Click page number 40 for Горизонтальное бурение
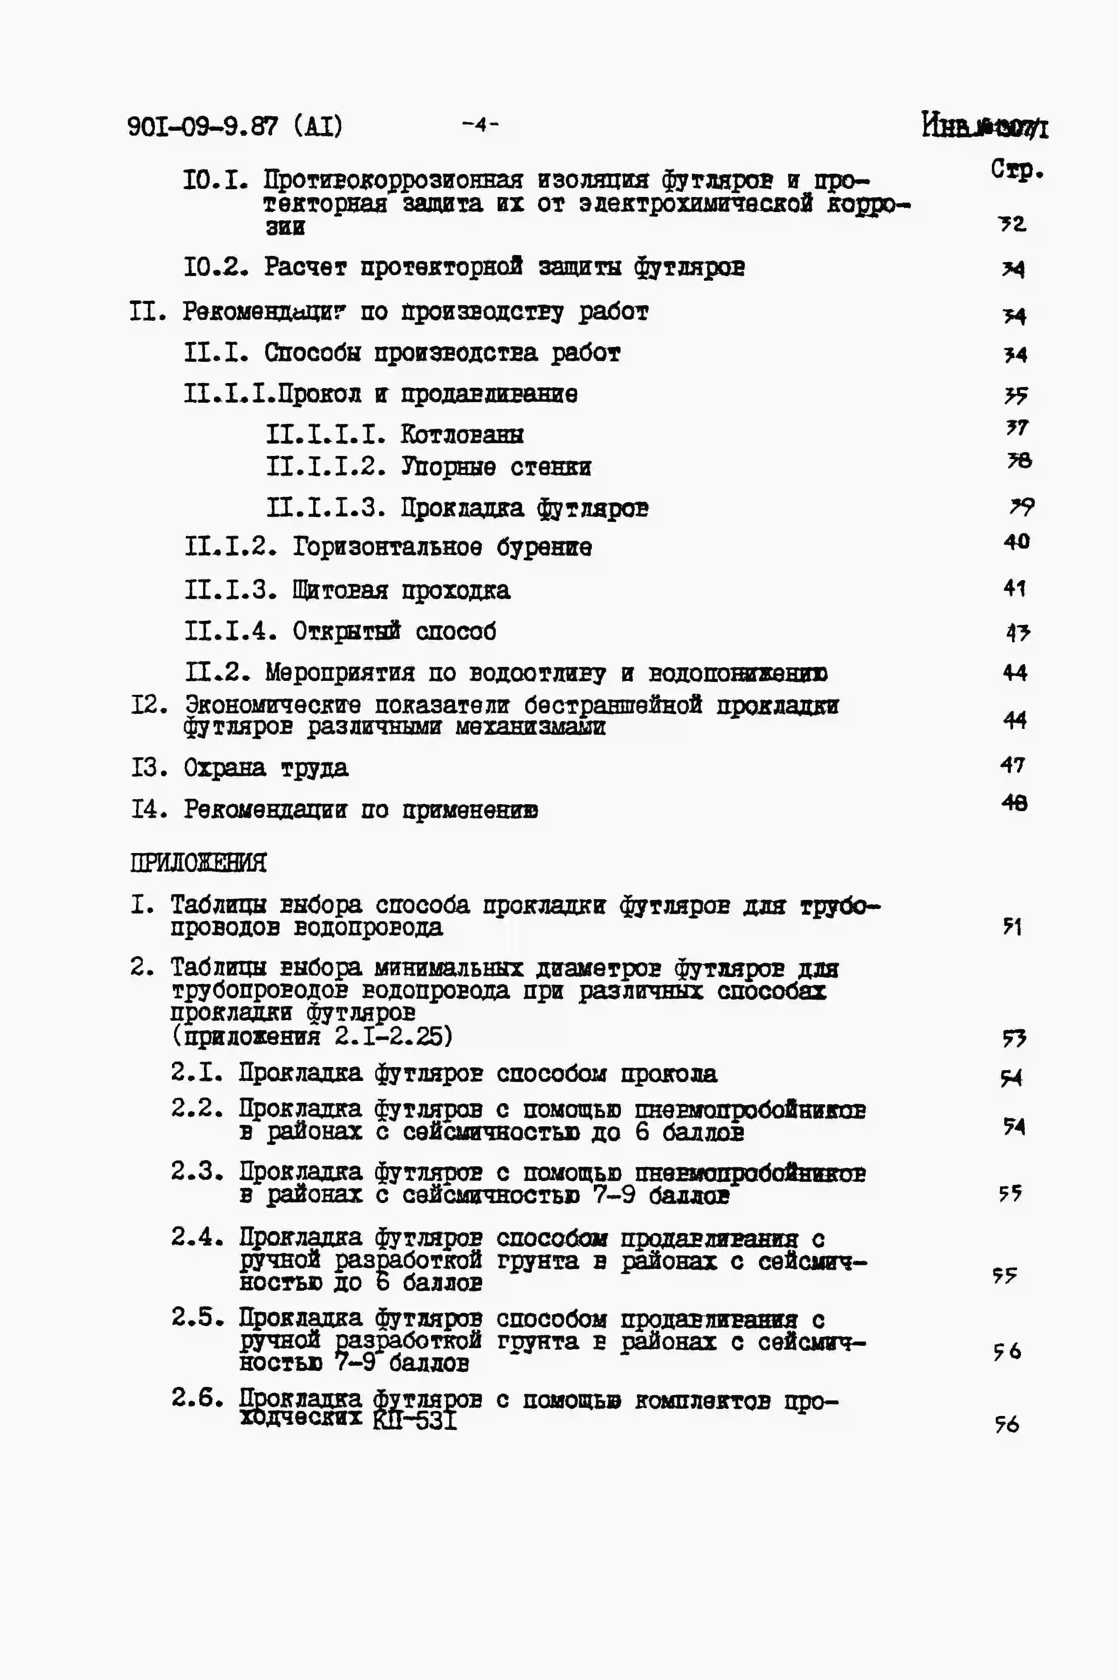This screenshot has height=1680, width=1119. click(x=1016, y=542)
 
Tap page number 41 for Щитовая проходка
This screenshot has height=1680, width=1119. click(x=1014, y=588)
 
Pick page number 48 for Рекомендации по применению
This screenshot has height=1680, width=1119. click(x=1014, y=804)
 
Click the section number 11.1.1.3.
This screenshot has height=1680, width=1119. click(x=326, y=508)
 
